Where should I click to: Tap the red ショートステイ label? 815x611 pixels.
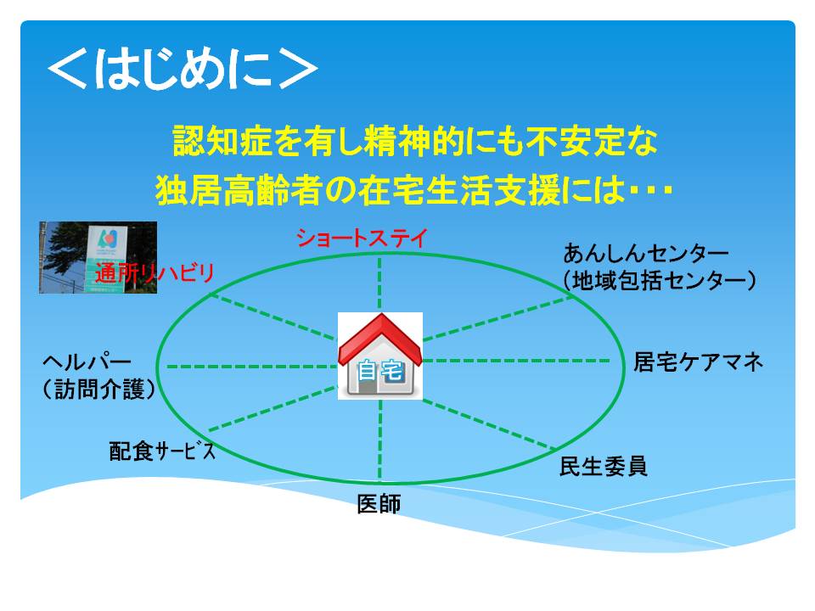pyautogui.click(x=362, y=238)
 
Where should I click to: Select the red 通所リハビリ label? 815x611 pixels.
pyautogui.click(x=155, y=272)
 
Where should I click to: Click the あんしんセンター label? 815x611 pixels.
pyautogui.click(x=645, y=254)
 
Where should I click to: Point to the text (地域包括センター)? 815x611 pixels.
pyautogui.click(x=659, y=281)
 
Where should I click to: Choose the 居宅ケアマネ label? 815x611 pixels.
pyautogui.click(x=698, y=362)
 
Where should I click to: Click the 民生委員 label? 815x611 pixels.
pyautogui.click(x=603, y=466)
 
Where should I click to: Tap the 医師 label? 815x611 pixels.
pyautogui.click(x=379, y=504)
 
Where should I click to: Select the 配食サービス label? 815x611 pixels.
pyautogui.click(x=162, y=451)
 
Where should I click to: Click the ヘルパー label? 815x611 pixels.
pyautogui.click(x=87, y=362)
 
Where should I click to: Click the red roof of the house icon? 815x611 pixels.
pyautogui.click(x=380, y=339)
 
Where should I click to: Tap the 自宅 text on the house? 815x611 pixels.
pyautogui.click(x=380, y=371)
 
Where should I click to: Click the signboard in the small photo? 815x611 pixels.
pyautogui.click(x=106, y=258)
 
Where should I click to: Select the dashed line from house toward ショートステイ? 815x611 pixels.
pyautogui.click(x=379, y=283)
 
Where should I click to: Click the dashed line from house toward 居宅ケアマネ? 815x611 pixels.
pyautogui.click(x=516, y=360)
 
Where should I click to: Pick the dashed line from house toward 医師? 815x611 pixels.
pyautogui.click(x=380, y=440)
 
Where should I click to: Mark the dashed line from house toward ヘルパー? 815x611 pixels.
pyautogui.click(x=252, y=367)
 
